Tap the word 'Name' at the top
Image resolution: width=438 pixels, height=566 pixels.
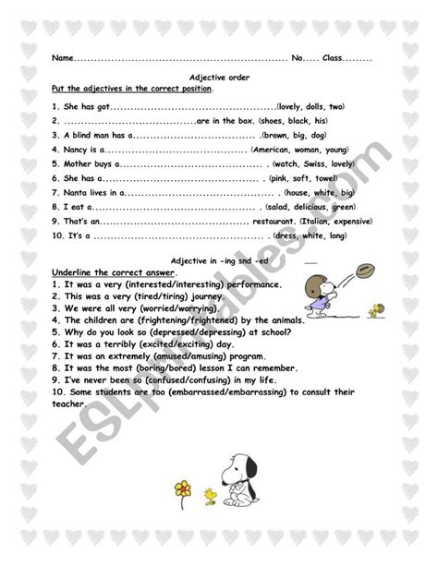pos(61,57)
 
